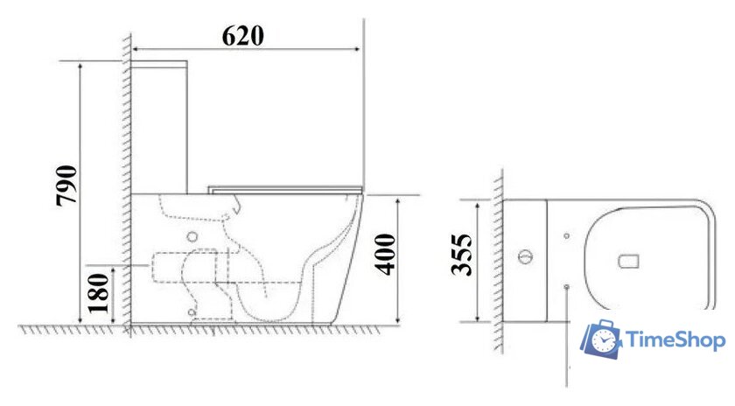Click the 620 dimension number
(x=243, y=36)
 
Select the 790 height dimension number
(x=66, y=185)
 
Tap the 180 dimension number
(x=99, y=293)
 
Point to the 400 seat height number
(x=385, y=255)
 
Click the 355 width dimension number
(x=461, y=255)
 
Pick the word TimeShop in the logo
(x=675, y=339)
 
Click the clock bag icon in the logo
(x=602, y=339)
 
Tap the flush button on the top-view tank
(x=526, y=257)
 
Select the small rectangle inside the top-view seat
(x=628, y=262)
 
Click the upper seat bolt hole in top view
(x=567, y=236)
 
